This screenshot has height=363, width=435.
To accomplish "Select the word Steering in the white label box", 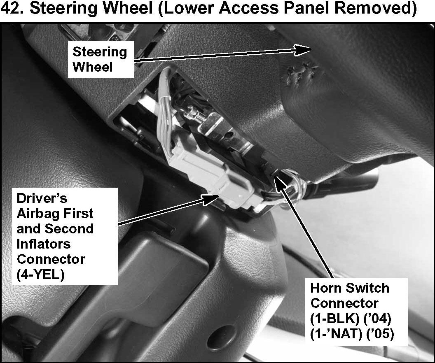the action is [100, 52].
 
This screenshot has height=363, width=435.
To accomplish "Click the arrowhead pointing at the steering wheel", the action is [303, 50].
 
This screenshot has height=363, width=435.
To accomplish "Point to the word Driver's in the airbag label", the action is [42, 198].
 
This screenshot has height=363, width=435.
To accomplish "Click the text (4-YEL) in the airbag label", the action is [40, 275].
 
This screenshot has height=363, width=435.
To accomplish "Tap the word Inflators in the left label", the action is [44, 244].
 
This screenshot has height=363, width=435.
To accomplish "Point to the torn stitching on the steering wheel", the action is [301, 72].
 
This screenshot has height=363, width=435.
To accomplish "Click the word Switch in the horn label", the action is [367, 288].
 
